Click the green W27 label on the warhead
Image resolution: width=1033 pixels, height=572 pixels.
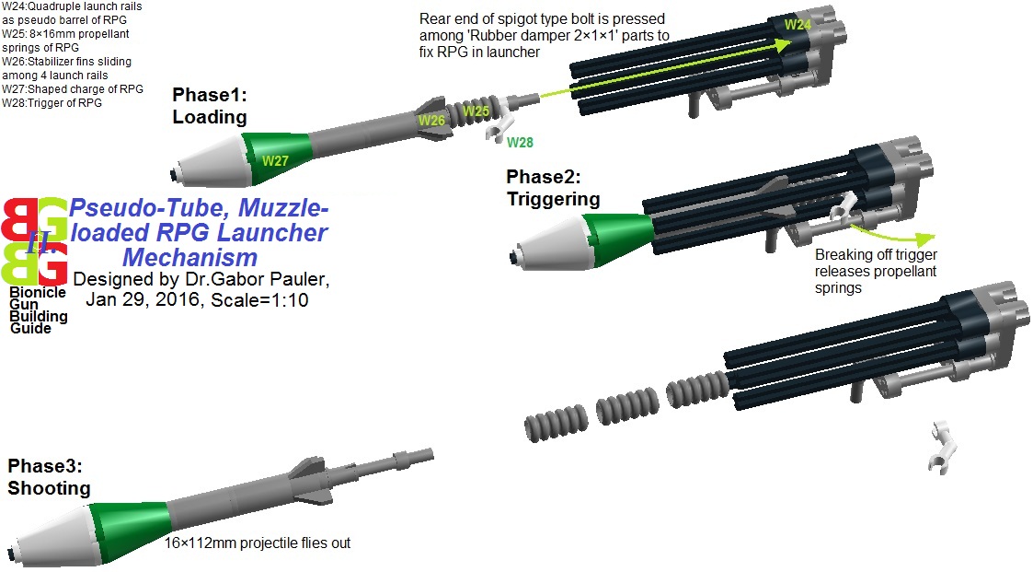pos(276,160)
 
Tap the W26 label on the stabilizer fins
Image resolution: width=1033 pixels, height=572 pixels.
pos(431,121)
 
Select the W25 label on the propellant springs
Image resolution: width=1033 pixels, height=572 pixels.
pos(476,111)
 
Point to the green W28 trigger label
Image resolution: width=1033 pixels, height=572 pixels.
pos(519,142)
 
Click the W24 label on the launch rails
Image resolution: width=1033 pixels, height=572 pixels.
pos(797,25)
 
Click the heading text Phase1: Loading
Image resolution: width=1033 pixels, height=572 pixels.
pos(210,106)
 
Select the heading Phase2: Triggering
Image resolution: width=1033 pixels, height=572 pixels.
pos(552,188)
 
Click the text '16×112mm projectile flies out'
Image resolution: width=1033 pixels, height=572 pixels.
pos(258,543)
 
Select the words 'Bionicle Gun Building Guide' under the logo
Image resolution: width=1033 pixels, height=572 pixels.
pos(38,310)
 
